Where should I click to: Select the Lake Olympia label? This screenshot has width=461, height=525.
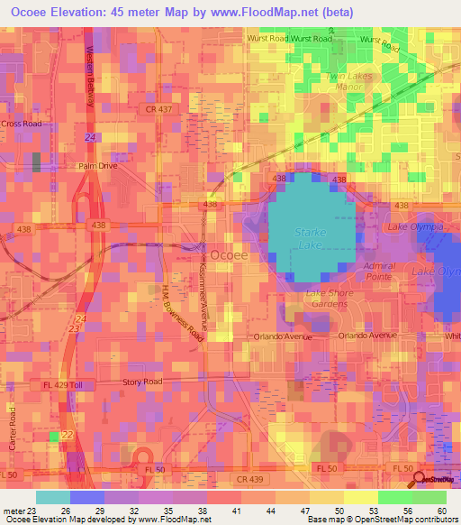click(x=416, y=227)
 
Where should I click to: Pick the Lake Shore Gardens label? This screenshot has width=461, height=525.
click(x=326, y=299)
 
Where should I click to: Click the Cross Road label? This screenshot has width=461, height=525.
click(x=22, y=124)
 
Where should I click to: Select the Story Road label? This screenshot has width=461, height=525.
click(x=142, y=382)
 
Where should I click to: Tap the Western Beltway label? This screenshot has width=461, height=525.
click(x=91, y=78)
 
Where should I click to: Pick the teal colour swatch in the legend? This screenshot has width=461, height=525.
click(x=52, y=497)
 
